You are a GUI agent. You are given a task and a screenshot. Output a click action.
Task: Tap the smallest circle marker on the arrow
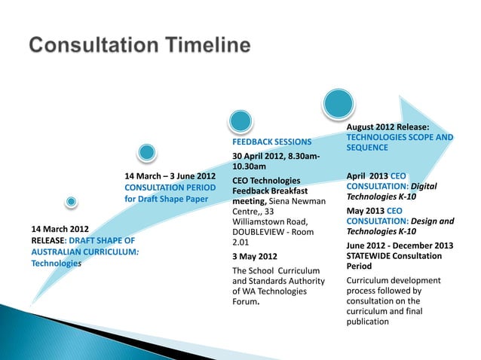(x=71, y=202)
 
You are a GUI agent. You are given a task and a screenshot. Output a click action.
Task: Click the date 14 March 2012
(x=60, y=228)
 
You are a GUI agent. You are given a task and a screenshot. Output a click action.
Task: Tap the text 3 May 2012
(x=255, y=256)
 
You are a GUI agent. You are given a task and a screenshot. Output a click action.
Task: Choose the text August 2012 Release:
(x=388, y=127)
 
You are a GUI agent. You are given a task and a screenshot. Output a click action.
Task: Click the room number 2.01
(x=240, y=243)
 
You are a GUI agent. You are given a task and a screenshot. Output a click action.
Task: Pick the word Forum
(x=245, y=303)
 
